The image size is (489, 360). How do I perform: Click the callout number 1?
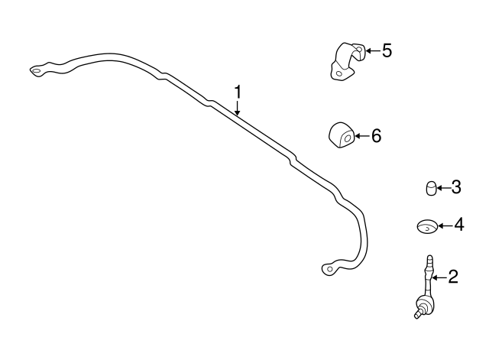238,92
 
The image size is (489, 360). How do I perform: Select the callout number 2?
452,277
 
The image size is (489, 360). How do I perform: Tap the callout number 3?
455,186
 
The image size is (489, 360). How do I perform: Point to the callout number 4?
458,225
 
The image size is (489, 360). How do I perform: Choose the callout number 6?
375,137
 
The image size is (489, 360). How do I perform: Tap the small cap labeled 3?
431,187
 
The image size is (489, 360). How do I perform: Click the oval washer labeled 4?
426,225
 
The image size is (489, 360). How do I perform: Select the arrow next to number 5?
371,51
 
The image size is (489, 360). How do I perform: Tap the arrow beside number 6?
361,137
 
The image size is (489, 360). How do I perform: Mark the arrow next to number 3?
442,186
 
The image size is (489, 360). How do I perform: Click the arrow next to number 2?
439,277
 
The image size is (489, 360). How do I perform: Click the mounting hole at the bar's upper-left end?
36,72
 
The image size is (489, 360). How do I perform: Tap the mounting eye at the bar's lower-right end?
329,269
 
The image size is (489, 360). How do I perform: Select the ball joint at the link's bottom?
419,310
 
